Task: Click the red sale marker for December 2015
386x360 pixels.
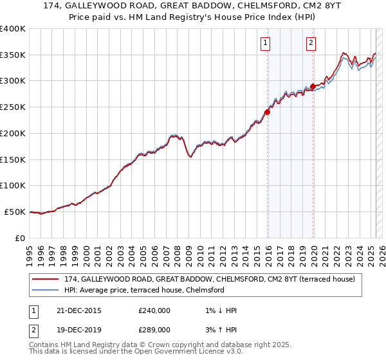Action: click(267, 111)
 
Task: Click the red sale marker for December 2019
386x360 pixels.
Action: click(313, 86)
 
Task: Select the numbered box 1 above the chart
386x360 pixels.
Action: click(265, 43)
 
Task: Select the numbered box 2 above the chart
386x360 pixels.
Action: click(311, 43)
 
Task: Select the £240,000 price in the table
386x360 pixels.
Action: click(154, 310)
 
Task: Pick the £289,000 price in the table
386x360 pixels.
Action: click(154, 329)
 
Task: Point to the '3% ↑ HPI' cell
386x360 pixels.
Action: click(220, 329)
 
